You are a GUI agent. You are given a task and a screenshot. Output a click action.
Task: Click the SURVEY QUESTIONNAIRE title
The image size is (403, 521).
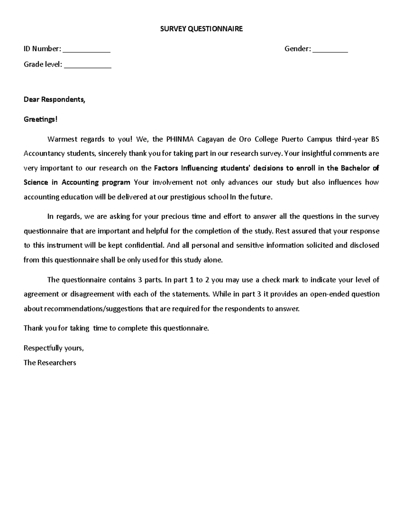tap(201, 29)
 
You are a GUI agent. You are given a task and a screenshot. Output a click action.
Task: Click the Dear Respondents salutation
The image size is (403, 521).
tap(54, 100)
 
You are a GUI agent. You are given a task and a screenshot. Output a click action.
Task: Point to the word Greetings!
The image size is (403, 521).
tap(41, 119)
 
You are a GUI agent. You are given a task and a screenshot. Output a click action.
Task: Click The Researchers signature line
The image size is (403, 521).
tap(50, 363)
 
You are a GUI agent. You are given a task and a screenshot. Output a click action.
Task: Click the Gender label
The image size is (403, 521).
tap(298, 49)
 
